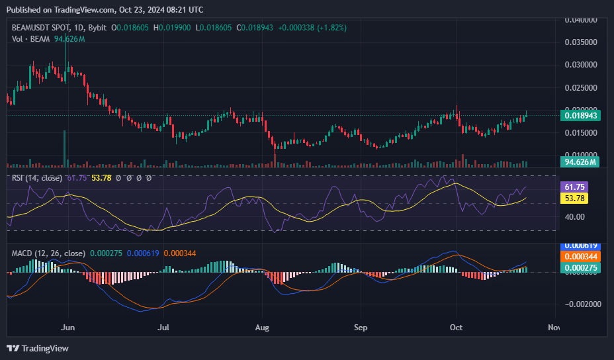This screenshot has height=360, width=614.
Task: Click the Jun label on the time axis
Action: point(66,327)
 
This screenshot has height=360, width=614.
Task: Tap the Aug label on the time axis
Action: point(262,327)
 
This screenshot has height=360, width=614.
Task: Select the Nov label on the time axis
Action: point(554,327)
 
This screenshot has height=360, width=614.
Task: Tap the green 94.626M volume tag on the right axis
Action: point(580,161)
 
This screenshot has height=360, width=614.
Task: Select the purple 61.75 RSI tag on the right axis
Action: point(574,187)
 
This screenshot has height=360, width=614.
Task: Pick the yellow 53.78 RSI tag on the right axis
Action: point(574,198)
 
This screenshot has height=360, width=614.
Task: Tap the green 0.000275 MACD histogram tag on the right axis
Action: point(580,267)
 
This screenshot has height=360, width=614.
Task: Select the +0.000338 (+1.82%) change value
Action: point(312,28)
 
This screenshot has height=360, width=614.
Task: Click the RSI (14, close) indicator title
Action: point(37,178)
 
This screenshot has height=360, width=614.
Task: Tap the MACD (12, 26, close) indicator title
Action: point(48,253)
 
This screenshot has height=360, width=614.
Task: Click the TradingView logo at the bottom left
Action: point(38,348)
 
